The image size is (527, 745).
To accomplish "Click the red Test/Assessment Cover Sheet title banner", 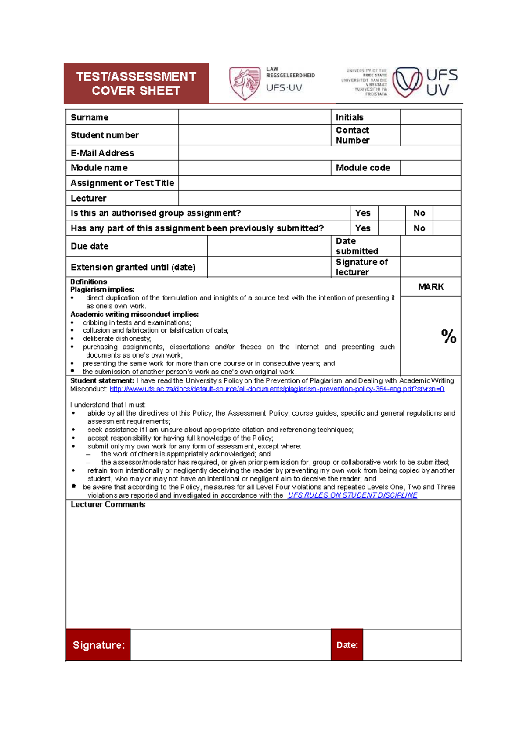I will tap(136, 83).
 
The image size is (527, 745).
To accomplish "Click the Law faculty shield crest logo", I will tap(245, 83).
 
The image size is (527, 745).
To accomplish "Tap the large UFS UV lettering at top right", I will tap(441, 82).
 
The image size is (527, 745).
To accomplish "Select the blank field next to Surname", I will tap(254, 117).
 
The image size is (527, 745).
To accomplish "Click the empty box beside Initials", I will tap(430, 117).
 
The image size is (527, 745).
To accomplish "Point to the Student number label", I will tap(105, 135).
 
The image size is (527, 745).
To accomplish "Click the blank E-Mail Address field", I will tap(319, 153).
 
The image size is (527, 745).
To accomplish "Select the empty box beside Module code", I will tap(430, 168).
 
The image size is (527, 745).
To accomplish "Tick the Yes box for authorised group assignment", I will tap(391, 213).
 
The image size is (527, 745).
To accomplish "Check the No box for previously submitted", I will tap(447, 228).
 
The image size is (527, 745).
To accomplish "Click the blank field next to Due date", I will tap(269, 246).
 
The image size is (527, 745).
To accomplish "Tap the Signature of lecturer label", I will tap(361, 267).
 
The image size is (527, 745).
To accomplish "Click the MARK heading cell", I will tap(430, 287).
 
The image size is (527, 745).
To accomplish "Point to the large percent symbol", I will tap(448, 336).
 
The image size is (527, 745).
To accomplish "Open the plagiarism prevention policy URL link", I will tap(277, 389).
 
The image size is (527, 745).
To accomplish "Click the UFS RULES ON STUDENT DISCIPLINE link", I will tap(352, 495).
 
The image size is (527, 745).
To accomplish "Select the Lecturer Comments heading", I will tap(108, 505).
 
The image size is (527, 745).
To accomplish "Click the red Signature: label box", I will tap(98, 645).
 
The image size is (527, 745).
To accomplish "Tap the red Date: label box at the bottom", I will tap(347, 645).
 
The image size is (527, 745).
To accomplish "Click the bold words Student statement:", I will tap(102, 381).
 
